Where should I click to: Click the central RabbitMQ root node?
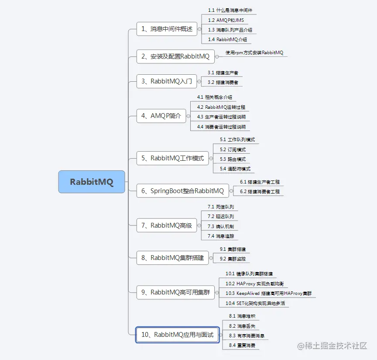tap(92, 182)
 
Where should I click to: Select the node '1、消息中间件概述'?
tap(166, 29)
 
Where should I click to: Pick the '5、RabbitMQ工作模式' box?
tap(172, 158)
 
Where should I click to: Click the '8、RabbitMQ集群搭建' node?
tap(172, 258)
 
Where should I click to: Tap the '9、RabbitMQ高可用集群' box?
tap(175, 292)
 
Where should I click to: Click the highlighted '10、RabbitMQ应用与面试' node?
tap(177, 335)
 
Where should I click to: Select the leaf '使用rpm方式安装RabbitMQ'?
tap(254, 53)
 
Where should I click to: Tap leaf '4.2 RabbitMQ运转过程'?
tap(221, 107)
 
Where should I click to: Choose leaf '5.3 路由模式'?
tap(233, 159)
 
